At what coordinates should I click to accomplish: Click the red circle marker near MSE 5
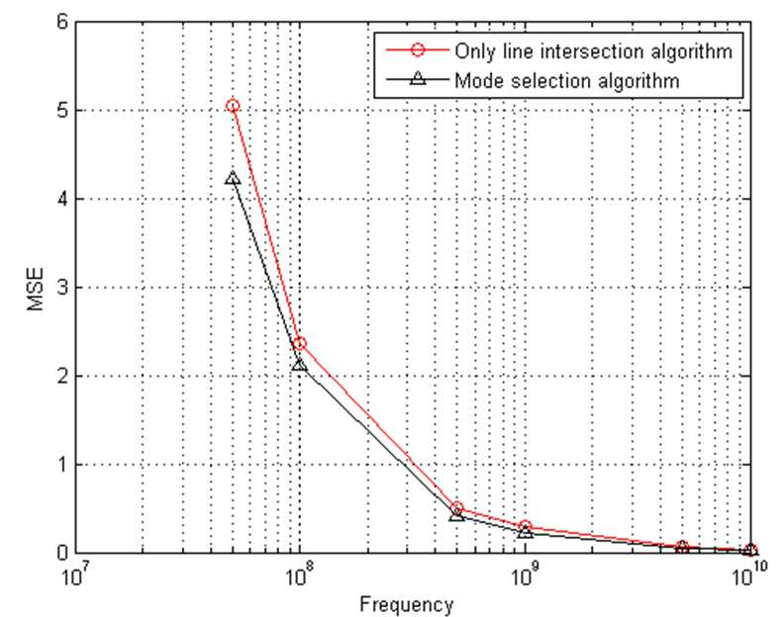click(x=233, y=106)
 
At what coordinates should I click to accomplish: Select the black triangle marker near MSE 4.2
click(x=233, y=177)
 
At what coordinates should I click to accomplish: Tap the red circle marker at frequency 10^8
click(x=300, y=344)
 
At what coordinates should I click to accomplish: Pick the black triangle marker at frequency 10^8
click(x=300, y=365)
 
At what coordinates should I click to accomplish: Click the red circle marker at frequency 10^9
click(x=525, y=526)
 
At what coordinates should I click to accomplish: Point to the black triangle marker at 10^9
click(x=525, y=533)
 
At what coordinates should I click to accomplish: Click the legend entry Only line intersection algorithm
click(x=593, y=51)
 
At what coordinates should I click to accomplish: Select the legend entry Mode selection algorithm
click(x=567, y=80)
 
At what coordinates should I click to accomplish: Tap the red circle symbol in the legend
click(x=418, y=50)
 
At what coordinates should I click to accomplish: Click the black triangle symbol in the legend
click(x=418, y=78)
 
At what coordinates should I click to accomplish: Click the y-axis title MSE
click(x=36, y=290)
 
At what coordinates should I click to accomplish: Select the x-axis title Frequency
click(x=406, y=604)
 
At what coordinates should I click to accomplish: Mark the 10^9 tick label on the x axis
click(x=523, y=576)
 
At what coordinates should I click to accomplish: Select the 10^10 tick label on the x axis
click(x=750, y=576)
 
